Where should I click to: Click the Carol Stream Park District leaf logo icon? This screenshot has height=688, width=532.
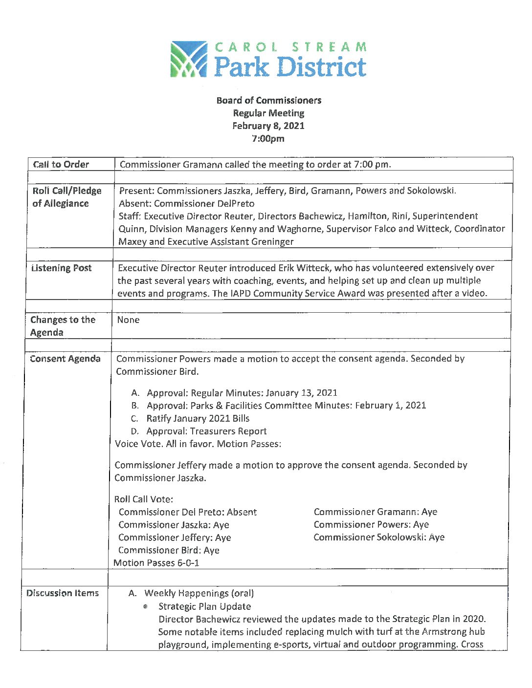click(188, 59)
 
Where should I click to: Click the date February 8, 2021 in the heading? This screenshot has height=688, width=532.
click(268, 126)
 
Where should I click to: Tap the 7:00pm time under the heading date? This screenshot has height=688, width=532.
click(268, 138)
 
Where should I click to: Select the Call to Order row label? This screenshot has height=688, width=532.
click(61, 164)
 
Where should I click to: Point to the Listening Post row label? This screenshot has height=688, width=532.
click(62, 268)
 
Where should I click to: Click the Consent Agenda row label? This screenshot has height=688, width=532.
click(65, 359)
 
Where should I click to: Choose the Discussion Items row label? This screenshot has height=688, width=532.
click(63, 593)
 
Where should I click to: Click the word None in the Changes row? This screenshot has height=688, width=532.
click(128, 320)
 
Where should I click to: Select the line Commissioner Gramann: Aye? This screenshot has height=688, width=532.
click(375, 512)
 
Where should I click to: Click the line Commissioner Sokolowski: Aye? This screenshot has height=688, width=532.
click(378, 537)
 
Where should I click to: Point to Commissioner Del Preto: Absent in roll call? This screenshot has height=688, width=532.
click(187, 512)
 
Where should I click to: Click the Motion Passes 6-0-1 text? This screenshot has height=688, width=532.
click(156, 563)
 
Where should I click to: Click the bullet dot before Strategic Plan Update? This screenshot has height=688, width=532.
click(146, 606)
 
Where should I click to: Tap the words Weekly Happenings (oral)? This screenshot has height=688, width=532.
click(199, 593)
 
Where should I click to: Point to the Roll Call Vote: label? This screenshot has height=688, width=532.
click(143, 499)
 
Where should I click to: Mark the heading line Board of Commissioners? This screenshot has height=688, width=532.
click(268, 100)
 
